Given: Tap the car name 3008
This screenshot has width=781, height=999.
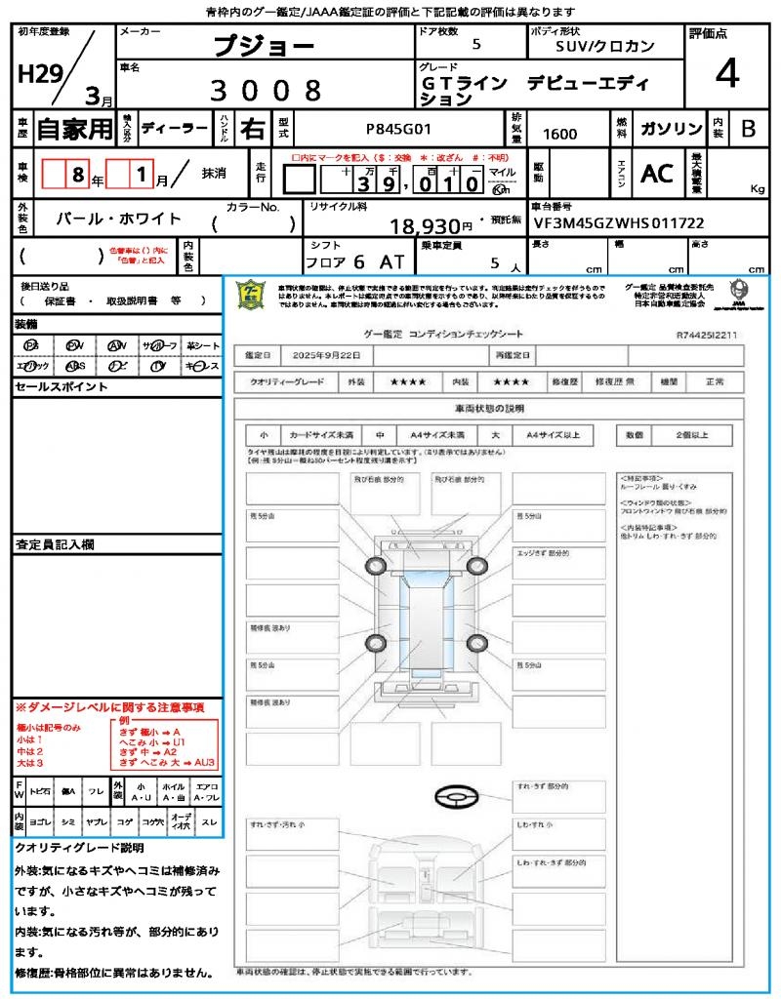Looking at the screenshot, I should (x=266, y=91).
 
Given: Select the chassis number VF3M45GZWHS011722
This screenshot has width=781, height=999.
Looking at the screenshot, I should (x=619, y=223).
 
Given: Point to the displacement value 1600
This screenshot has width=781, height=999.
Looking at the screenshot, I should (x=559, y=135).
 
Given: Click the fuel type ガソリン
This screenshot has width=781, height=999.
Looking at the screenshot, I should (x=669, y=129).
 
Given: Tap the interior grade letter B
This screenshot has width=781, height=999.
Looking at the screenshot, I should (x=747, y=129).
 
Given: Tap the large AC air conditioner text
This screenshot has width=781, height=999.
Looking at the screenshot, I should (x=657, y=174).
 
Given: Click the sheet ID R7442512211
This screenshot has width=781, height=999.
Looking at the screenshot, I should (x=706, y=334).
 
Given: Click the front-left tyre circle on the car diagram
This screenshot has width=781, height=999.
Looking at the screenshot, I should (x=377, y=566).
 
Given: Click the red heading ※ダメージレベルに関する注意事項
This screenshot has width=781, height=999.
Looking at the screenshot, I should (x=109, y=706).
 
